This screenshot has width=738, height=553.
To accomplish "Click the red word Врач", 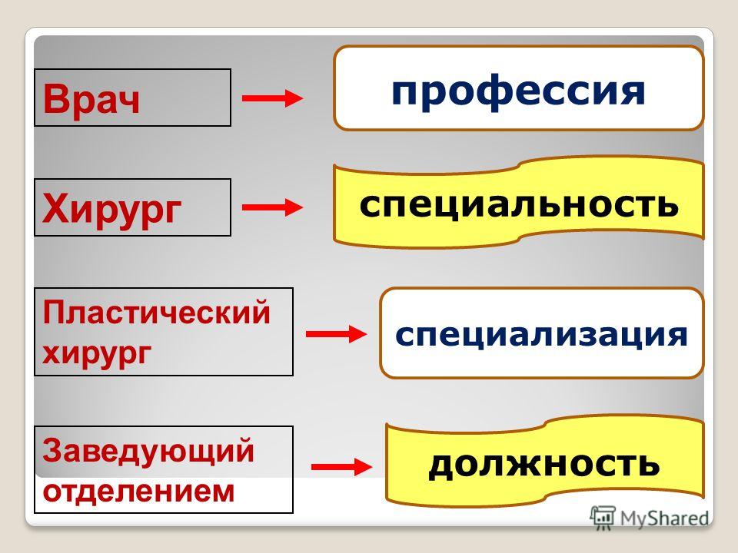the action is (x=91, y=99).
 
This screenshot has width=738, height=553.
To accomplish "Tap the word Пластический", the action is (x=156, y=313).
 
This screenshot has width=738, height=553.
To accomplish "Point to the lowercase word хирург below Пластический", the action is (x=97, y=354).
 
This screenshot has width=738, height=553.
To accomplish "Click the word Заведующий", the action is (x=148, y=451).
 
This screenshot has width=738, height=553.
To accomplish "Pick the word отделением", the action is (x=138, y=492).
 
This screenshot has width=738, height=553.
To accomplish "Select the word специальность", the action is (x=519, y=205).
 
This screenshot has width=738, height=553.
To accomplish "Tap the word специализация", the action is (x=541, y=336).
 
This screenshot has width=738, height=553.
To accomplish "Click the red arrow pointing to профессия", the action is (x=272, y=98).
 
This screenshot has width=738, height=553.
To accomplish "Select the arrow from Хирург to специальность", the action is (x=272, y=207).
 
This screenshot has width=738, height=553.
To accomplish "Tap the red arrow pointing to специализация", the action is (x=336, y=334).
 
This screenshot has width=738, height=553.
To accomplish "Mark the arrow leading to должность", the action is (x=341, y=467).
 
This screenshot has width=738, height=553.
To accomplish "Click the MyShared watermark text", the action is (x=664, y=518).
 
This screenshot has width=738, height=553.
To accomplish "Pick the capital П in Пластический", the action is (x=53, y=313).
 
